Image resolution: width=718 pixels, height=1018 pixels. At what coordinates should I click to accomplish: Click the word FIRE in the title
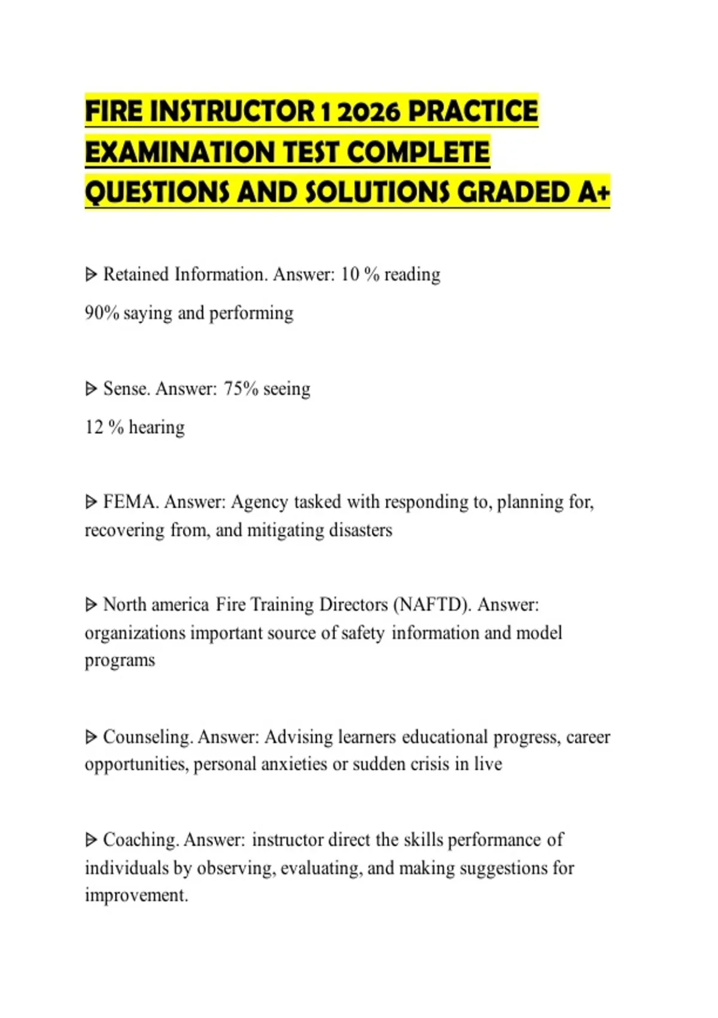click(114, 112)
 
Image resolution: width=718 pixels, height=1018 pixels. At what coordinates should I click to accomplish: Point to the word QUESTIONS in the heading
click(157, 192)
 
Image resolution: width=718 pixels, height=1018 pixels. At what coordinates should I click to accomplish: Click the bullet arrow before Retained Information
click(91, 275)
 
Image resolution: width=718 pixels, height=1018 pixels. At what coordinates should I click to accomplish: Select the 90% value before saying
click(102, 313)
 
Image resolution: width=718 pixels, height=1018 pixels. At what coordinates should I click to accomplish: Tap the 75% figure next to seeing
click(241, 389)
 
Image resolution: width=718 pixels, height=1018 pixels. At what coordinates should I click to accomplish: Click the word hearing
click(157, 428)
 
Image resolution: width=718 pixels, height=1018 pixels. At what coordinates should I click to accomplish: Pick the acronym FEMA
click(130, 502)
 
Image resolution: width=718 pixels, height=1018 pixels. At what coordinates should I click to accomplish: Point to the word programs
click(120, 661)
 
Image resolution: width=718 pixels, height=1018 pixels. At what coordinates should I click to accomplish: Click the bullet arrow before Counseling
click(91, 737)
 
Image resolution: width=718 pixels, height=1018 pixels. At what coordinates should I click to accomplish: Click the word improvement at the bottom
click(136, 895)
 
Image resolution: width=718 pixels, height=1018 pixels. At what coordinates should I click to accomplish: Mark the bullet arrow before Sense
click(91, 389)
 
